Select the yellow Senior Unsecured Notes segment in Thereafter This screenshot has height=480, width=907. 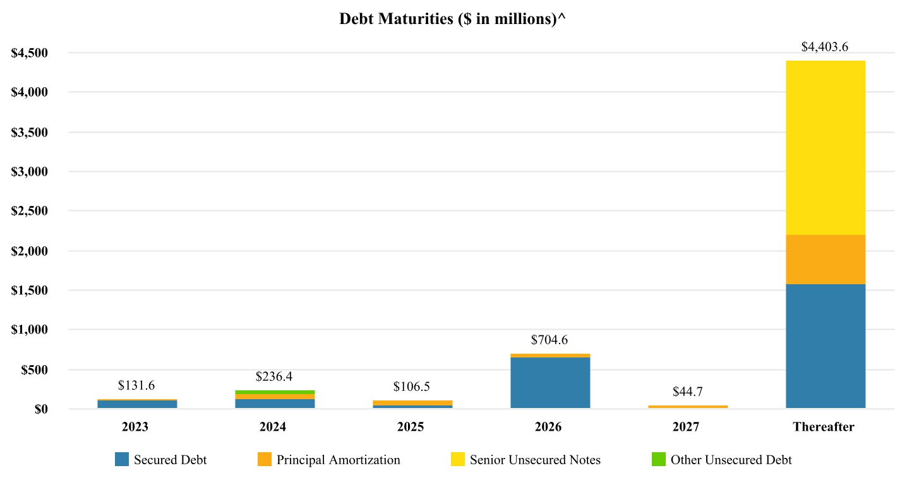click(x=825, y=148)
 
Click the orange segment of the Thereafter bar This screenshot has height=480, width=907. click(x=825, y=260)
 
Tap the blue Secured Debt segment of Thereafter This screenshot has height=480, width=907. click(x=825, y=346)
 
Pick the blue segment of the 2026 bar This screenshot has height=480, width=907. click(x=550, y=383)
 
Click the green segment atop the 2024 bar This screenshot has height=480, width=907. click(x=275, y=392)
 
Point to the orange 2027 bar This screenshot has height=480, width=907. click(x=688, y=407)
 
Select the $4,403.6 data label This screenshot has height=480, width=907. click(x=825, y=47)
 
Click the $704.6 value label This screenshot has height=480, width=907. click(x=550, y=340)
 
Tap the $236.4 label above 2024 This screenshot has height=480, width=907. click(x=275, y=376)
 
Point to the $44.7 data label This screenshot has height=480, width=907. click(x=688, y=392)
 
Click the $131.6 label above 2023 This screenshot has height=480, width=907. click(x=136, y=385)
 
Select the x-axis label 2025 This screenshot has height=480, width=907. click(x=411, y=428)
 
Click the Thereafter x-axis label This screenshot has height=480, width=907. click(x=824, y=428)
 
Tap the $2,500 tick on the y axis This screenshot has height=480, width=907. click(x=30, y=211)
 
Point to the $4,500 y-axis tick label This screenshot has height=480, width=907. click(x=30, y=53)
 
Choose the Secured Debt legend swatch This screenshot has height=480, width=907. click(x=122, y=460)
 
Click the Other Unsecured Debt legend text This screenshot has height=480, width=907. click(x=731, y=460)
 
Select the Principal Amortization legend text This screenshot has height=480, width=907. click(x=338, y=460)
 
